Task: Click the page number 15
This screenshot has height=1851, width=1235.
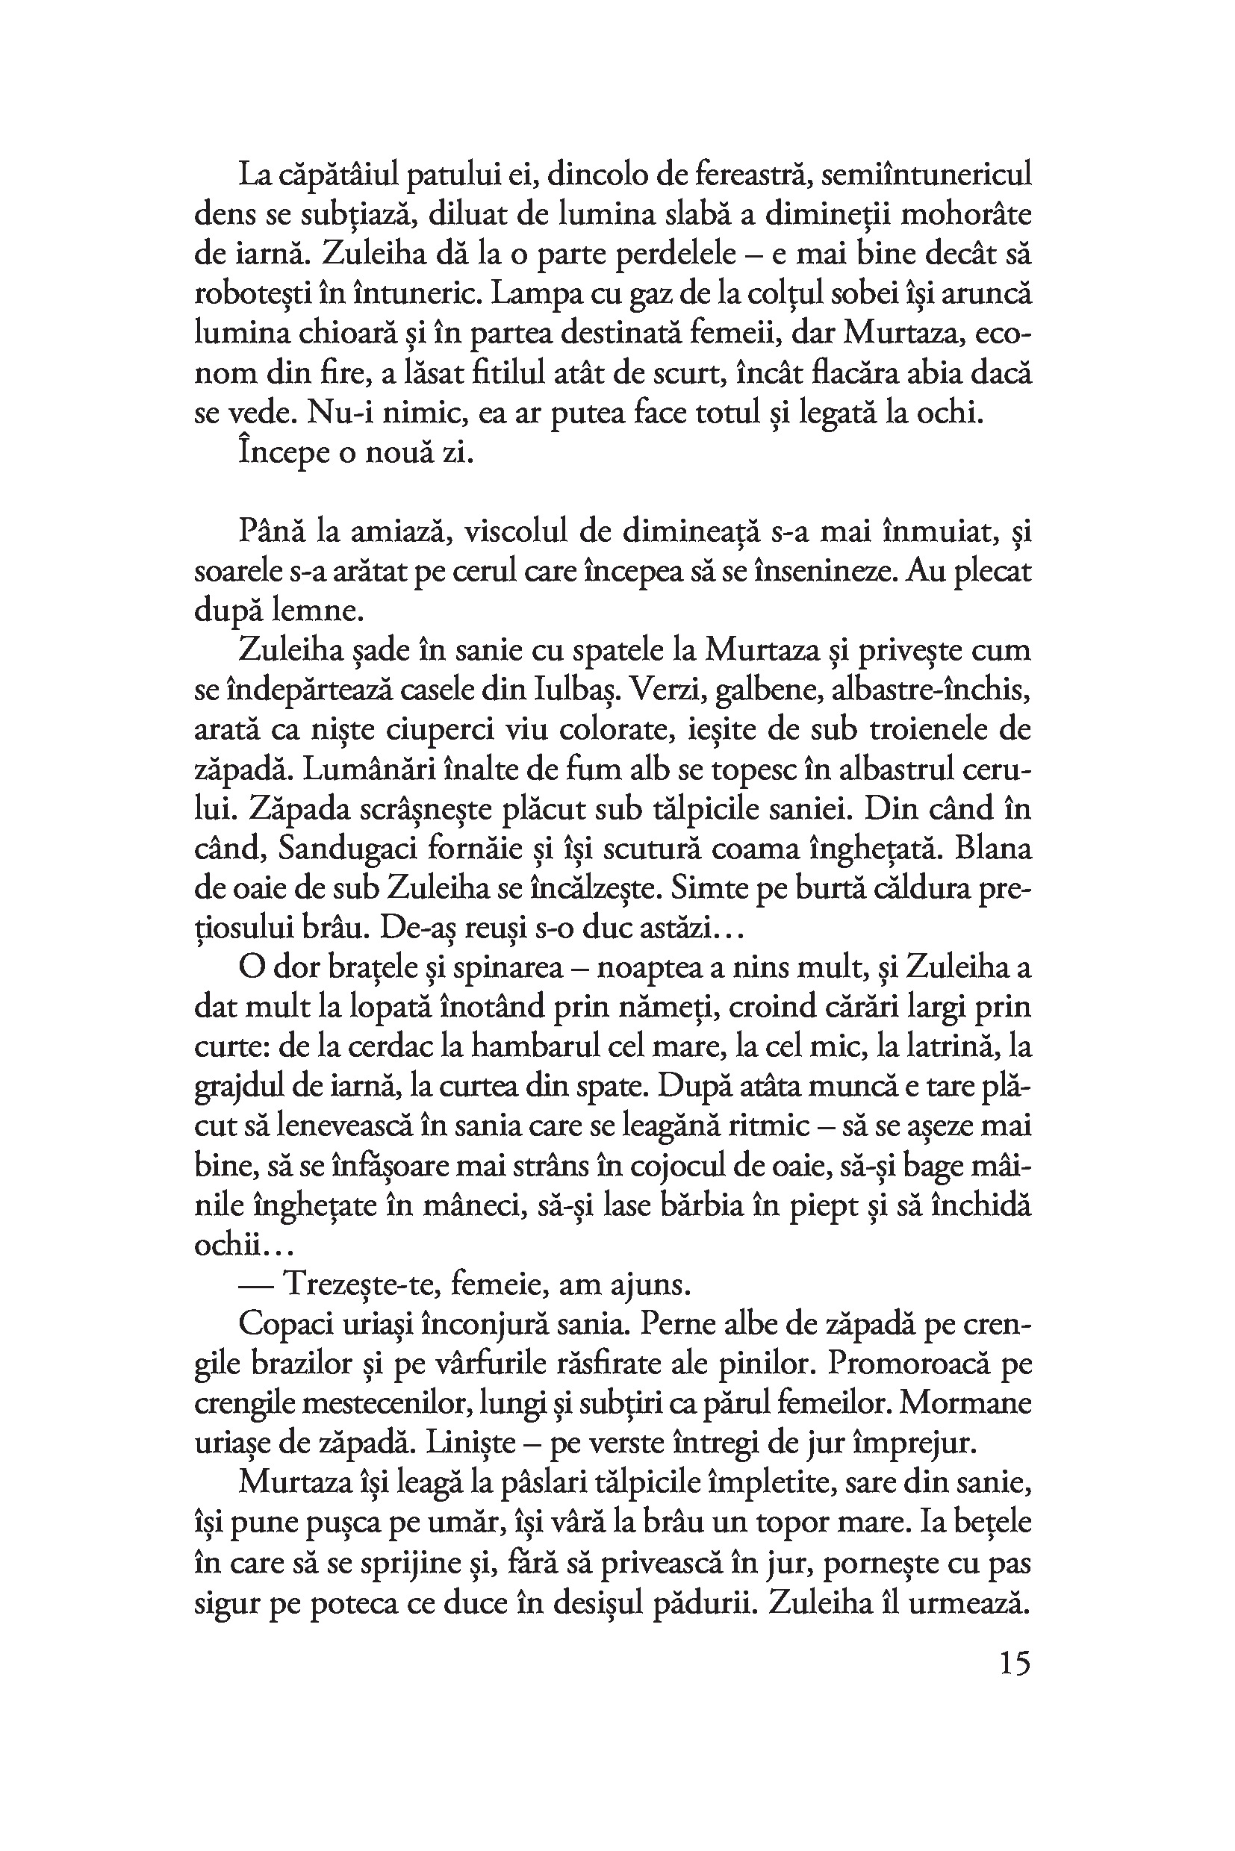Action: coord(1015,1664)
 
